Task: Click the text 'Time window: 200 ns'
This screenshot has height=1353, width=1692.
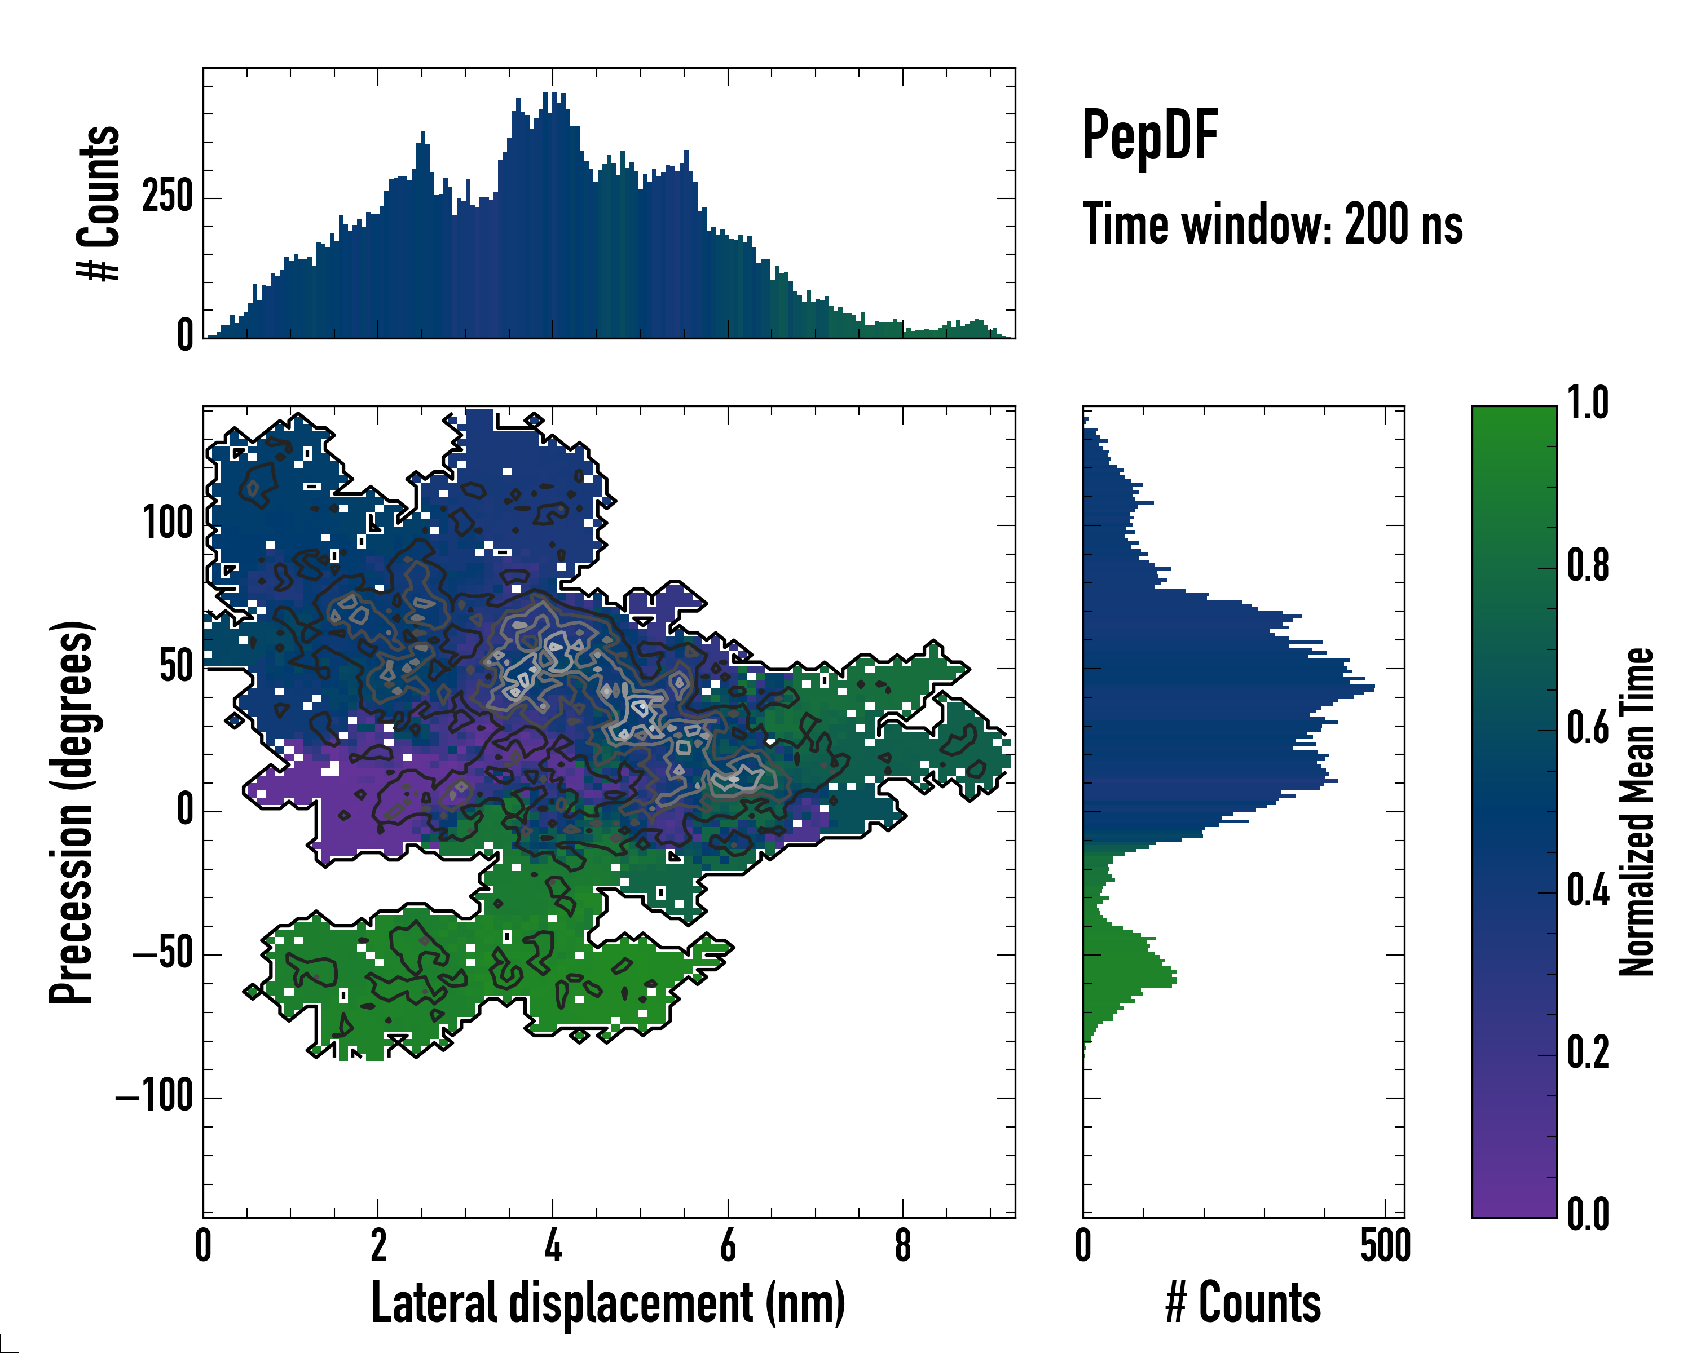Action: pos(1272,225)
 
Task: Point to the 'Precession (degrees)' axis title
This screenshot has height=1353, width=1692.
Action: pos(72,812)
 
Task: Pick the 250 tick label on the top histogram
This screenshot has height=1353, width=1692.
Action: pos(168,196)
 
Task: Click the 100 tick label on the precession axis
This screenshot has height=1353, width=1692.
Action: pos(168,523)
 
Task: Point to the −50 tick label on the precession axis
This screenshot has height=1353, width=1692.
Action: pos(163,954)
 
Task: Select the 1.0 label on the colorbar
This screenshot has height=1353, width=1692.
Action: pos(1588,404)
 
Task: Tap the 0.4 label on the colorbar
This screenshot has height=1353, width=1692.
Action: pos(1588,892)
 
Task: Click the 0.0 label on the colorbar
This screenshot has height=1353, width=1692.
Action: pos(1588,1214)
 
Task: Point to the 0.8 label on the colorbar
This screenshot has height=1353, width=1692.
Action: pos(1588,567)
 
